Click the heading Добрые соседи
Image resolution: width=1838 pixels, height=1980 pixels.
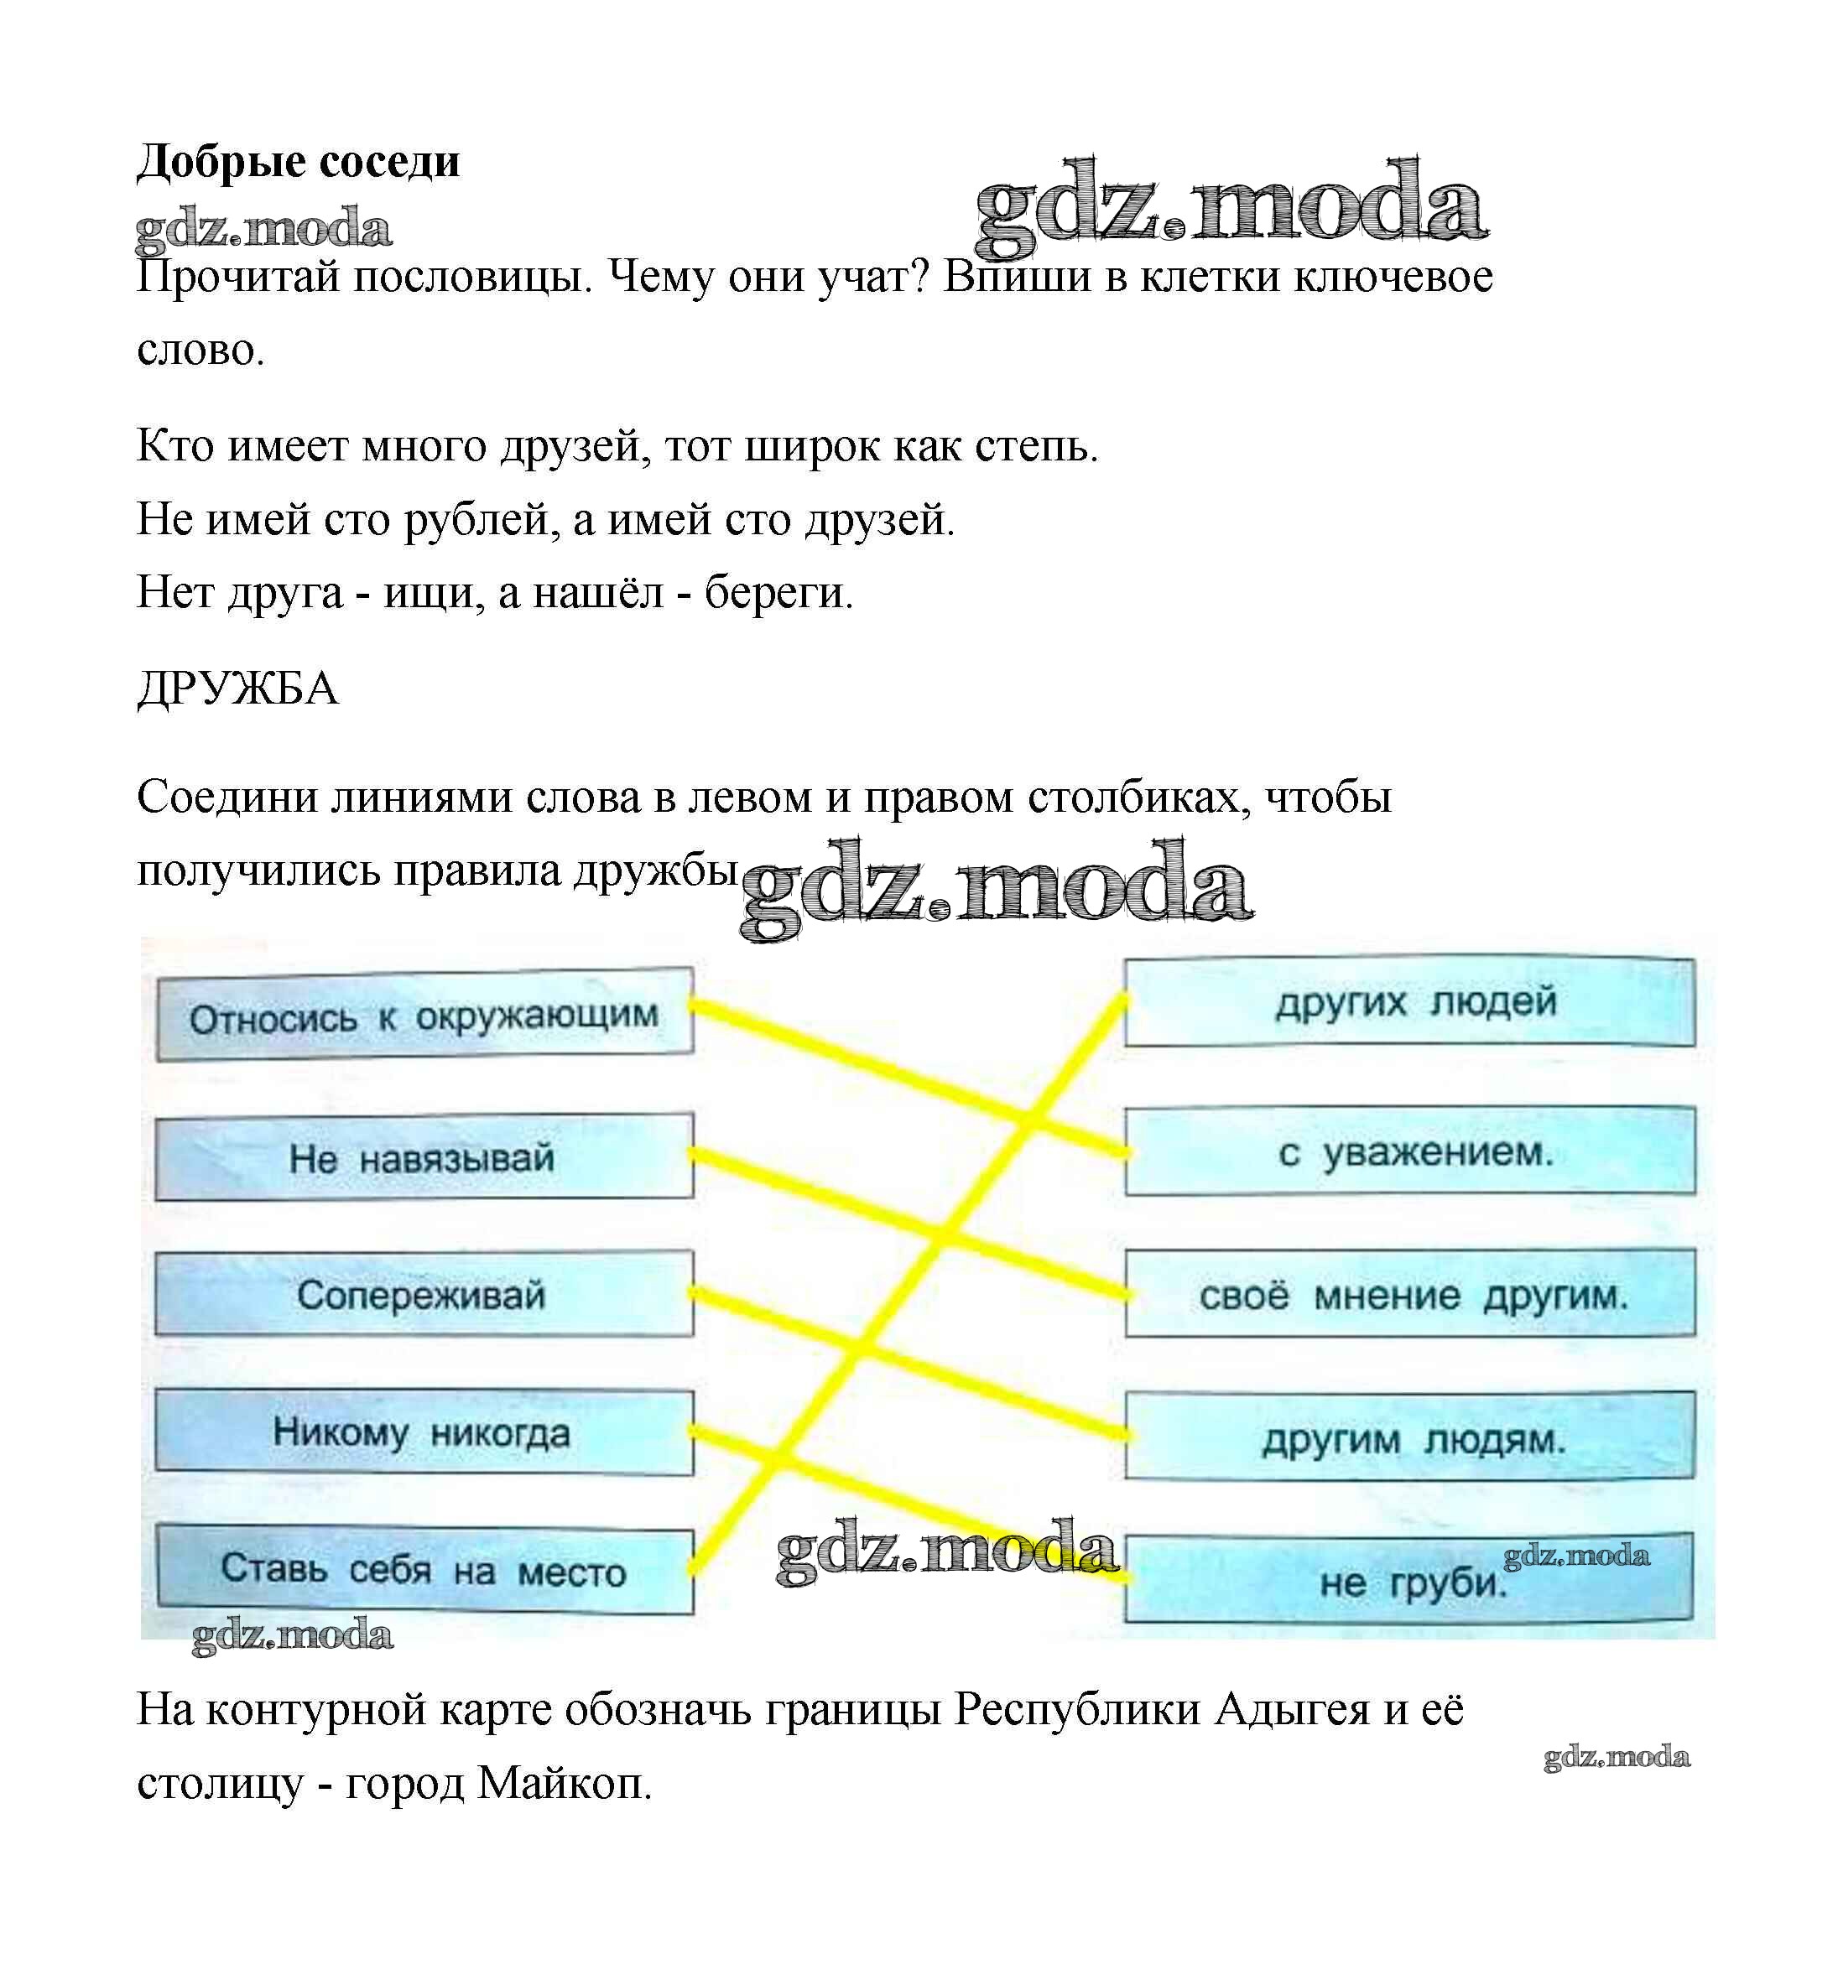(299, 162)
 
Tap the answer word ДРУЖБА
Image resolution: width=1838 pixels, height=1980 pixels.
(237, 689)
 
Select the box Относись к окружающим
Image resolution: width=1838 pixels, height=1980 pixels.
(424, 1015)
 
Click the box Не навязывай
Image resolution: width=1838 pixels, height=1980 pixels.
(424, 1156)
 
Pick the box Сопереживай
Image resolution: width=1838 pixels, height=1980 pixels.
(424, 1293)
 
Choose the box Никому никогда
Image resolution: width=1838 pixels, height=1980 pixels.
(424, 1432)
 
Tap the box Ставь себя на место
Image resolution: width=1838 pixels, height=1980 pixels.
(424, 1569)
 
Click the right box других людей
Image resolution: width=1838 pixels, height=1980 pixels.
(1409, 1002)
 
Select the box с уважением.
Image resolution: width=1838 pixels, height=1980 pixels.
(1410, 1151)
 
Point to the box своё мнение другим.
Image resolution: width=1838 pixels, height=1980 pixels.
(1410, 1293)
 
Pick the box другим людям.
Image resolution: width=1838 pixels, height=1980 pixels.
(1410, 1435)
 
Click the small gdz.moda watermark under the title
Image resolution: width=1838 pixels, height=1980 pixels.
(263, 230)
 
